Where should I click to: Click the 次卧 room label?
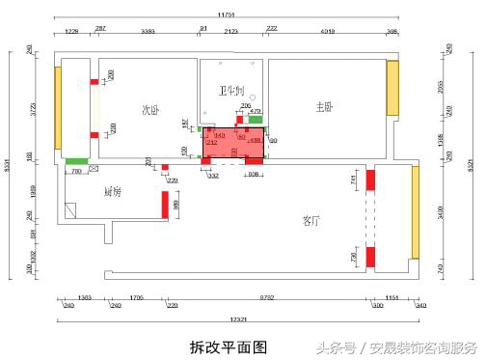point(149,109)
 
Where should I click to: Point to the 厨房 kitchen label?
point(113,191)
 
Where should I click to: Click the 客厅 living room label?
point(310,221)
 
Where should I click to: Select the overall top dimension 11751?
point(227,14)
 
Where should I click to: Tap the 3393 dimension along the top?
point(148,32)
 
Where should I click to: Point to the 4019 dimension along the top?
point(327,32)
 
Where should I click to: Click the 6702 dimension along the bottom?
point(267,297)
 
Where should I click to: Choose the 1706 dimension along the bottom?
point(137,297)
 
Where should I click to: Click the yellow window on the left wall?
point(58,107)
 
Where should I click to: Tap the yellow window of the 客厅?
point(416,212)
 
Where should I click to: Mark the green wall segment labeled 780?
point(77,161)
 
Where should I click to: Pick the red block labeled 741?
point(368,179)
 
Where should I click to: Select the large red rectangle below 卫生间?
point(233,142)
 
